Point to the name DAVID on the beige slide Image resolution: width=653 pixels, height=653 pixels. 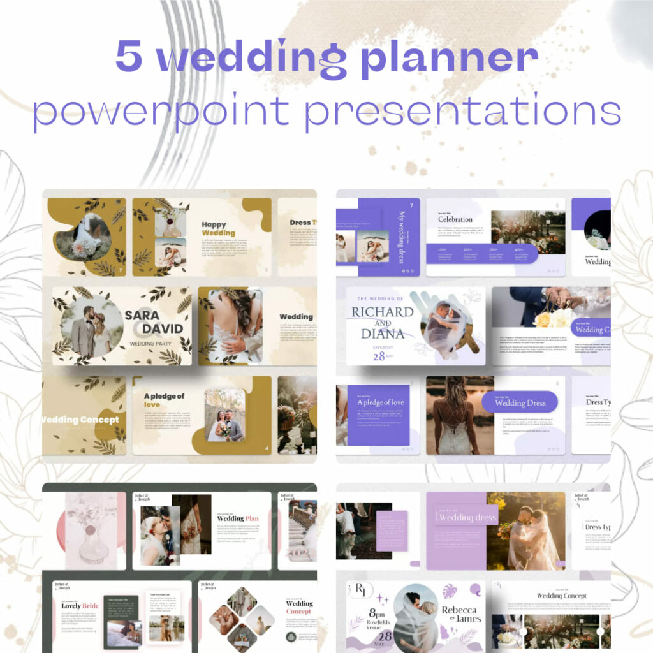click(x=163, y=330)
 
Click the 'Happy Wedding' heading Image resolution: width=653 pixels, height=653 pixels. click(x=217, y=228)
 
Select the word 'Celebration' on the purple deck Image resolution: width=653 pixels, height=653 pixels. click(x=455, y=219)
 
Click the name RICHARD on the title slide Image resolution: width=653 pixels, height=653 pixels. click(x=382, y=312)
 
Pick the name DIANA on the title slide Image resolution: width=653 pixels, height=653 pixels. click(x=383, y=333)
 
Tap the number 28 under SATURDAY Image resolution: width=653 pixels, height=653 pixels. click(x=379, y=356)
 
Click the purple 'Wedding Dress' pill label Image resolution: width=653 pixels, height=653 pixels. click(x=519, y=402)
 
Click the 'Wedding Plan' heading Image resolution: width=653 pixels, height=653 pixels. click(x=237, y=518)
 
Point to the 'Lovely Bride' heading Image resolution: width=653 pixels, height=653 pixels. click(x=80, y=606)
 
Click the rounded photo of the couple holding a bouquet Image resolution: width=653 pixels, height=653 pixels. click(x=224, y=415)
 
